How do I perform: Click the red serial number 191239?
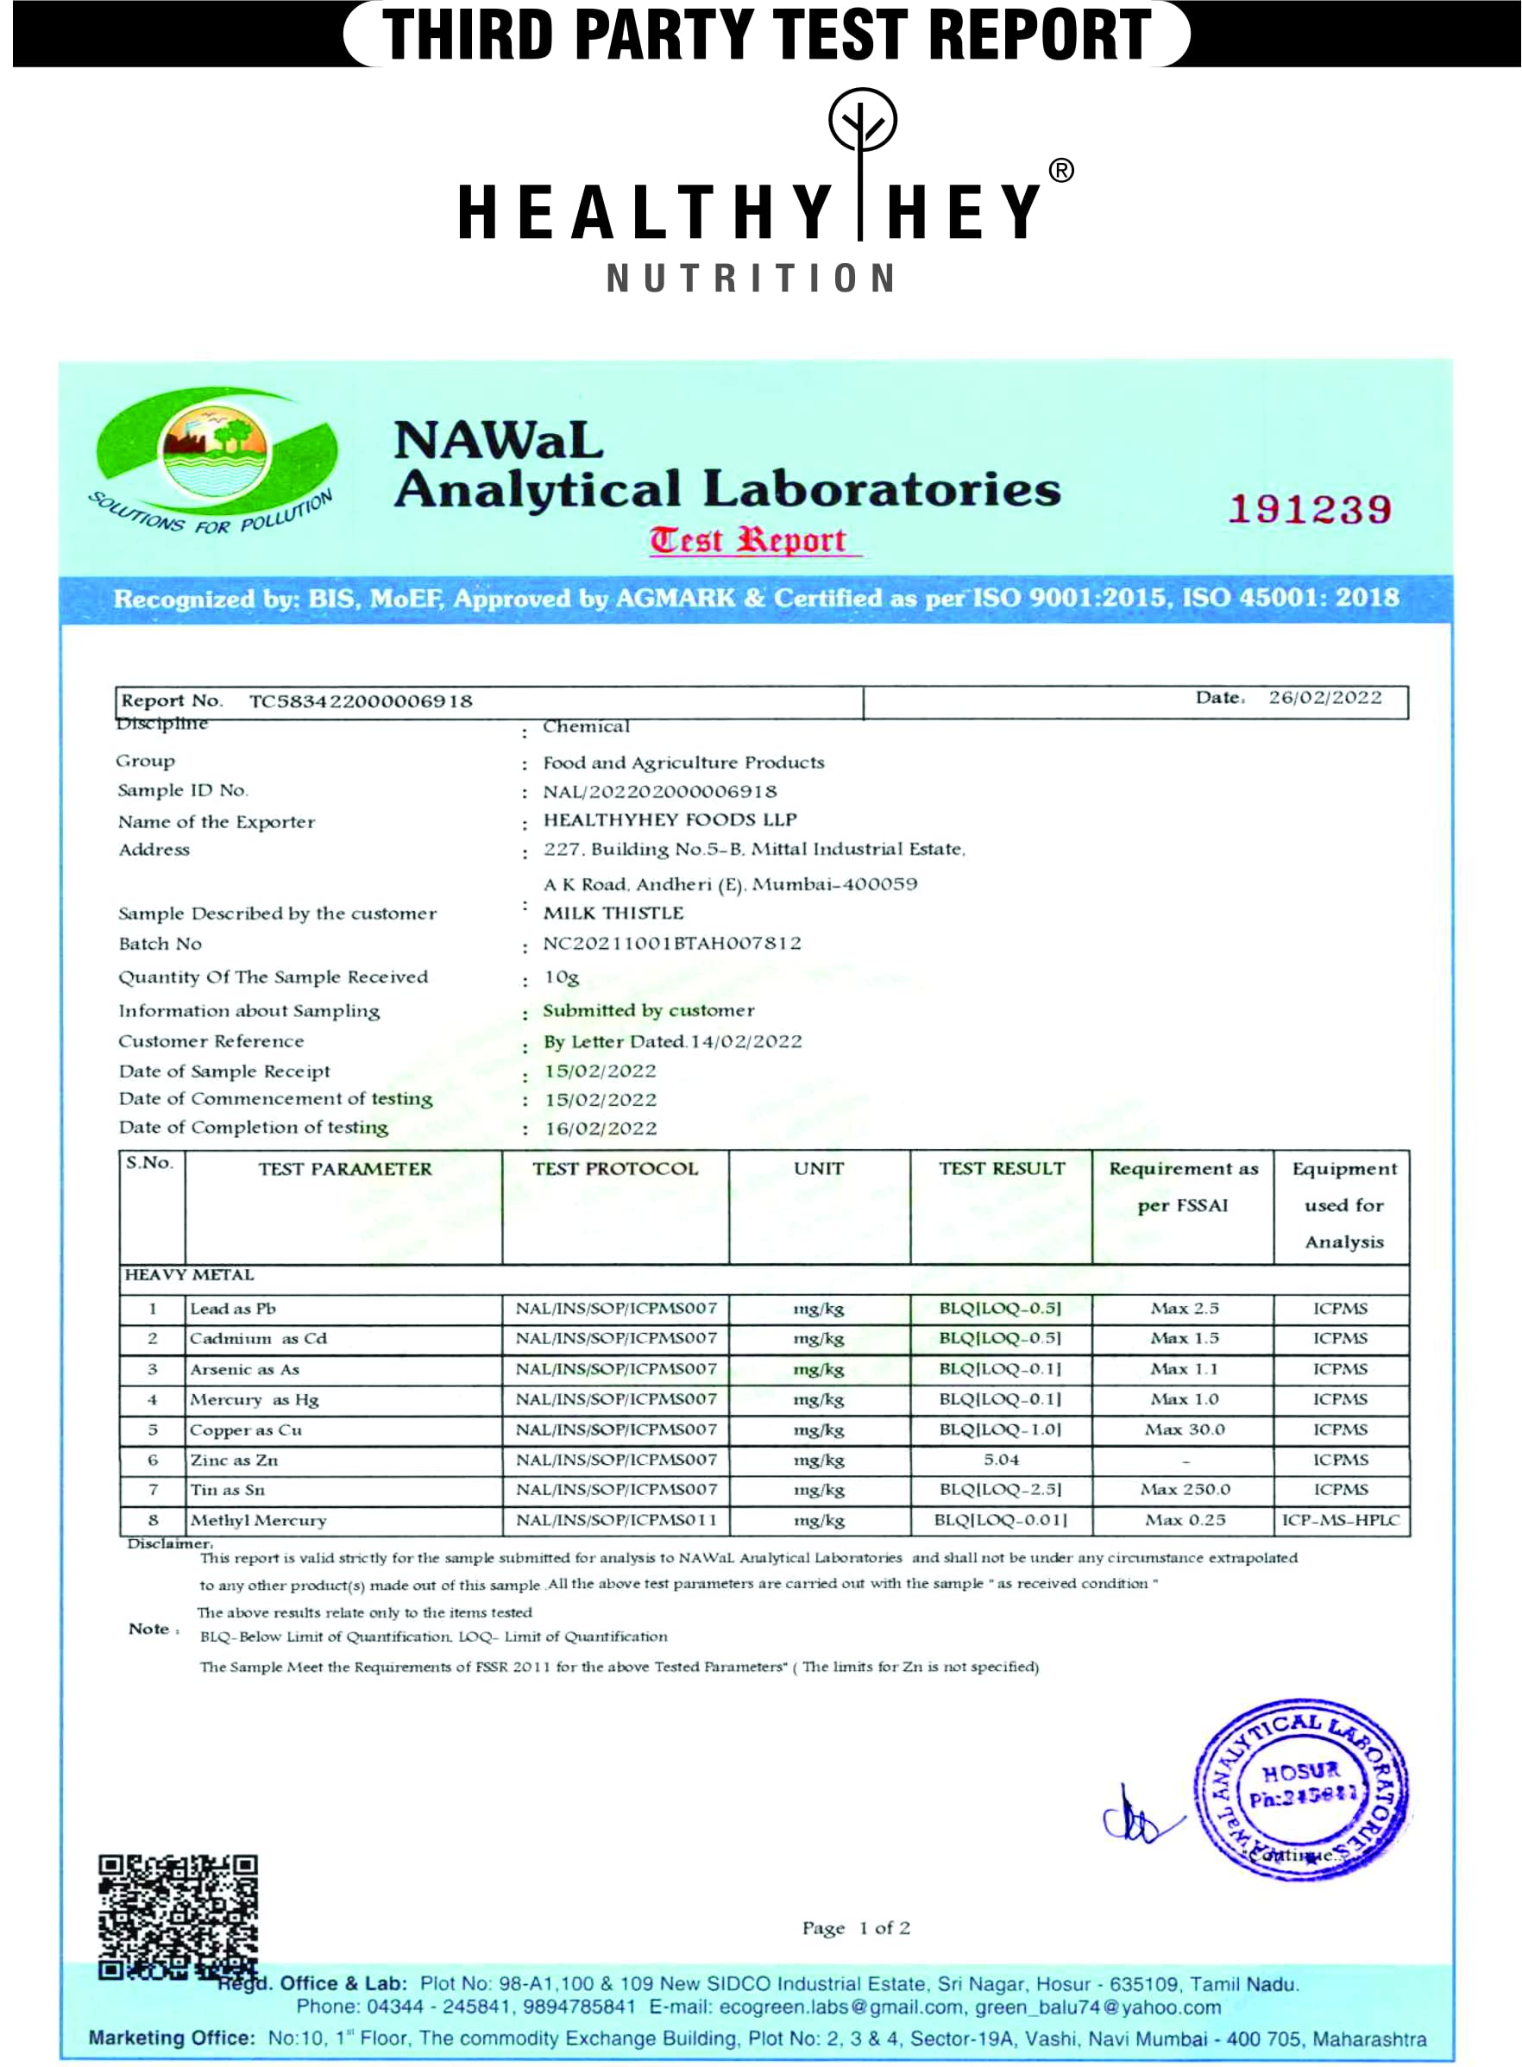click(x=1309, y=509)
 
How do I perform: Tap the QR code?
click(x=178, y=1916)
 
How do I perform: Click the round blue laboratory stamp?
click(x=1302, y=1790)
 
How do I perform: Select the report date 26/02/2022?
click(x=1324, y=697)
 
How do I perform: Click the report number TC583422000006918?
click(x=361, y=701)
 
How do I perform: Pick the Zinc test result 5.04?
click(x=1001, y=1459)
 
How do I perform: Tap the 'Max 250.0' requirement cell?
click(x=1185, y=1490)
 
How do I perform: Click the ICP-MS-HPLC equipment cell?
click(x=1341, y=1520)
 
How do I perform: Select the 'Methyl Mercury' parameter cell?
click(x=258, y=1520)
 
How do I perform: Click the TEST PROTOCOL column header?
click(x=614, y=1169)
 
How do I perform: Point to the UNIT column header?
click(x=818, y=1169)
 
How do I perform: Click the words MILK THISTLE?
click(x=613, y=913)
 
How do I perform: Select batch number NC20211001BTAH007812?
click(x=671, y=943)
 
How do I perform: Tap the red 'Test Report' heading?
click(x=747, y=540)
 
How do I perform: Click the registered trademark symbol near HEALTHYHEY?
click(x=1061, y=171)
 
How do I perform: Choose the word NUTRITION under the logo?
click(x=751, y=278)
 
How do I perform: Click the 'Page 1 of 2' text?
click(x=856, y=1928)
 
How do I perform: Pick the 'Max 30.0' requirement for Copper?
click(x=1185, y=1429)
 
